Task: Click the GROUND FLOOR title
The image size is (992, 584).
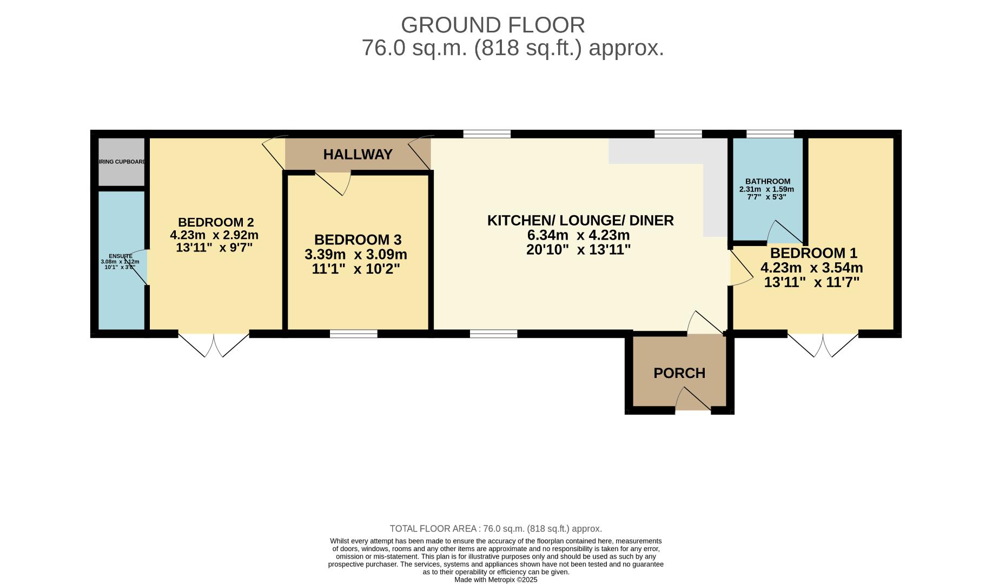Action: [492, 25]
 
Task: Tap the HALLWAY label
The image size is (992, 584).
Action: [358, 155]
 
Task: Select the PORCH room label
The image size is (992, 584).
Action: [679, 373]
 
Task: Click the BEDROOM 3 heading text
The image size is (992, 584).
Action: [358, 240]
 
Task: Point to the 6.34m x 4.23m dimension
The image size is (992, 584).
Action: [578, 235]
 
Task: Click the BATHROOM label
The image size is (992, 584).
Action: [767, 181]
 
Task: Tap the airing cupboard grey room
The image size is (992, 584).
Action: [122, 162]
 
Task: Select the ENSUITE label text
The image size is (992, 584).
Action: [120, 256]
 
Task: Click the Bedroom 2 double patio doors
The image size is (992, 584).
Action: [214, 344]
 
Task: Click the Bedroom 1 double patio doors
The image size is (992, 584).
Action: [823, 344]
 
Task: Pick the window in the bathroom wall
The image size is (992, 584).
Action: [770, 134]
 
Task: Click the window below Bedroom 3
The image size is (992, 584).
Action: [353, 334]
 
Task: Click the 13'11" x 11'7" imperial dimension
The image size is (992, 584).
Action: [811, 282]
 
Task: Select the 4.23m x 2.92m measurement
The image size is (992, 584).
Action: [214, 235]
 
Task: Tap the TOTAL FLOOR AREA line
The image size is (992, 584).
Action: [495, 529]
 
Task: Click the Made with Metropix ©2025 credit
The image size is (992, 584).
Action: [495, 580]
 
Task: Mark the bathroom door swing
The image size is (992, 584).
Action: [784, 233]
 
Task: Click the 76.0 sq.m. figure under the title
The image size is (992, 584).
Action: [414, 48]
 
